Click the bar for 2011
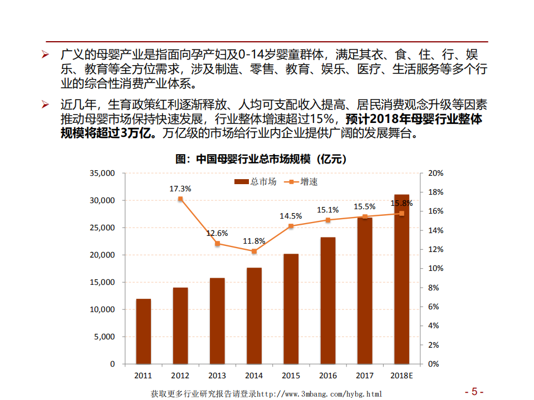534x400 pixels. (143, 331)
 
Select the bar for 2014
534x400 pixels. (254, 315)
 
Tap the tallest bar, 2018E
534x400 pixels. (401, 279)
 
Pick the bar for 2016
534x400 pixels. (328, 300)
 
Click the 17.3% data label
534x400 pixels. (180, 189)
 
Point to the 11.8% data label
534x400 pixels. (254, 241)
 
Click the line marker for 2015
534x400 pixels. (291, 226)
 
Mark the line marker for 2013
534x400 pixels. (217, 243)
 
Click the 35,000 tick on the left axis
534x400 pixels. (102, 173)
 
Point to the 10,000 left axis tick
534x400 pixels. (102, 309)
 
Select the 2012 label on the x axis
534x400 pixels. (180, 376)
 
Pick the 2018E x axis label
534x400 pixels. (401, 376)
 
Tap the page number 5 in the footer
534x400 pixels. (474, 391)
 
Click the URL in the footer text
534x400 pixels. (320, 394)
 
